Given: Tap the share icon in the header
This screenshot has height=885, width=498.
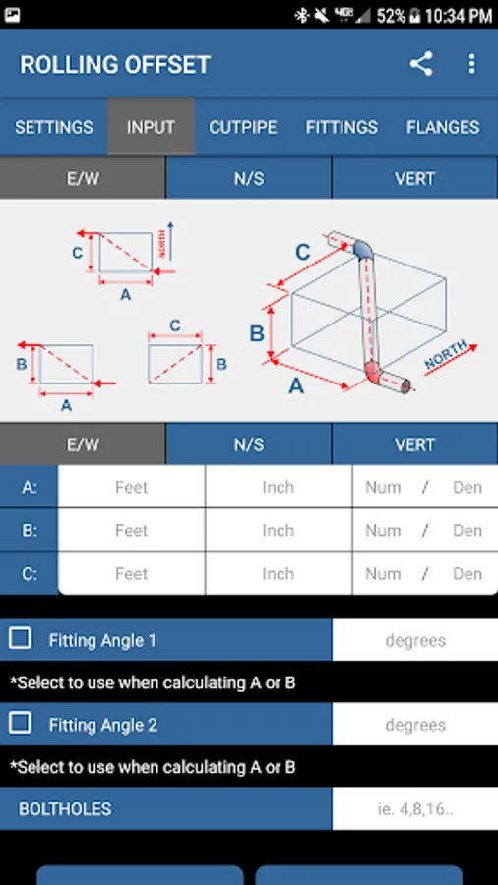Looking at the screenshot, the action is (421, 64).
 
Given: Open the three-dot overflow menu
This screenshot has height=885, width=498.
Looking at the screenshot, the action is (472, 64).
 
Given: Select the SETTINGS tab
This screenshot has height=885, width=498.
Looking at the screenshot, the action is (54, 127).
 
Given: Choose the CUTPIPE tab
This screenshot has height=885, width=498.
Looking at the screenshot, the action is (243, 127).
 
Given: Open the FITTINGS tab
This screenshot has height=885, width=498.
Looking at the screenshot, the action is (342, 127).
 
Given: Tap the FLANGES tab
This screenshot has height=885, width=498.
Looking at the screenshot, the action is (443, 127).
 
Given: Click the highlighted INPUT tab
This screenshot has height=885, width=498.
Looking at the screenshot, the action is (151, 127).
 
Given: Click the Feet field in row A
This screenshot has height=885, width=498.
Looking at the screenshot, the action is (132, 487).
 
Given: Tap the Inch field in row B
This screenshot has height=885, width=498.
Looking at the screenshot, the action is (279, 531).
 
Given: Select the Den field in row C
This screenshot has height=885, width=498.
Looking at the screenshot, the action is (467, 574).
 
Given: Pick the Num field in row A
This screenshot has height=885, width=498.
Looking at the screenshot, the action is (383, 487).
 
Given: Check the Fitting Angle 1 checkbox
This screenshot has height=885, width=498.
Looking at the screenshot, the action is (21, 638).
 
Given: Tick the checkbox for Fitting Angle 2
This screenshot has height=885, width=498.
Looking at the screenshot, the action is (21, 723).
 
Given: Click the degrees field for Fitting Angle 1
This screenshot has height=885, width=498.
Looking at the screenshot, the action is (415, 640).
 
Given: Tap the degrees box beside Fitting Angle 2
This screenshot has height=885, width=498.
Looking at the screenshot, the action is (415, 725).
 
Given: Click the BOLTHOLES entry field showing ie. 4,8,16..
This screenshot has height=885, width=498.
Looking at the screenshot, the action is (415, 809).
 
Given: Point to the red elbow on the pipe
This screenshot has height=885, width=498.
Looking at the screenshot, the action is (373, 372).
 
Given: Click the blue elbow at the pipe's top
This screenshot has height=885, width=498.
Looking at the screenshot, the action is (362, 249).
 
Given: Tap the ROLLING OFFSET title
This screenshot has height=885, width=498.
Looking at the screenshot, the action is (115, 64).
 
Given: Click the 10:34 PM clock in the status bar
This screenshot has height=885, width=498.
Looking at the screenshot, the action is (459, 15).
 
